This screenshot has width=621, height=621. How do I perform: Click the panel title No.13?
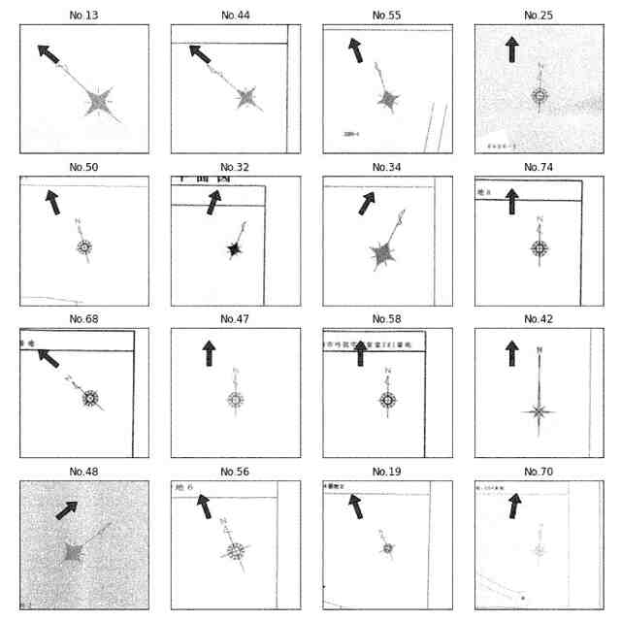[x=84, y=16]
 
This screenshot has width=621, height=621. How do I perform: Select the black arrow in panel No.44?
[x=200, y=54]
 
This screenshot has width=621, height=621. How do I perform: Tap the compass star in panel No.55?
[x=389, y=99]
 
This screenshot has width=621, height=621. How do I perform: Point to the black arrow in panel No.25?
[x=511, y=49]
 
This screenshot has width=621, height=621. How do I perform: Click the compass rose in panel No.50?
[x=84, y=247]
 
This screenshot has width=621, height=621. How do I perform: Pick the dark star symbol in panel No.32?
[x=234, y=249]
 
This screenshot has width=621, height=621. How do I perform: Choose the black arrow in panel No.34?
[x=366, y=203]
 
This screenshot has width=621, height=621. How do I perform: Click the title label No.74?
[x=539, y=167]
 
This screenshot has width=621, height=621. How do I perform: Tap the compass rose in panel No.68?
[x=90, y=398]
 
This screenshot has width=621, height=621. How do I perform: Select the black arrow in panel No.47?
[x=209, y=353]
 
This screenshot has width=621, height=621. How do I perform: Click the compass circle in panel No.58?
[x=387, y=400]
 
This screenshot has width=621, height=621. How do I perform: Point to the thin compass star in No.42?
[x=539, y=411]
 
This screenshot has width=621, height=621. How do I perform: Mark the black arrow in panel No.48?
[x=67, y=509]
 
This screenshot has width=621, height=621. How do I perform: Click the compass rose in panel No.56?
[x=236, y=551]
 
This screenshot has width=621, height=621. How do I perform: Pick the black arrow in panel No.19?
[x=356, y=506]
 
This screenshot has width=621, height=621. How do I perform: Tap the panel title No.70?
[x=539, y=472]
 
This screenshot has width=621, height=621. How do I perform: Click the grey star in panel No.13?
[x=98, y=101]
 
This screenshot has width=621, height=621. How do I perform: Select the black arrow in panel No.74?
[x=511, y=202]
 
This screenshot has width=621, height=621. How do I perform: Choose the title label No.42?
[x=539, y=319]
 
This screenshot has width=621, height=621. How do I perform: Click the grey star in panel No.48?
[x=74, y=552]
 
